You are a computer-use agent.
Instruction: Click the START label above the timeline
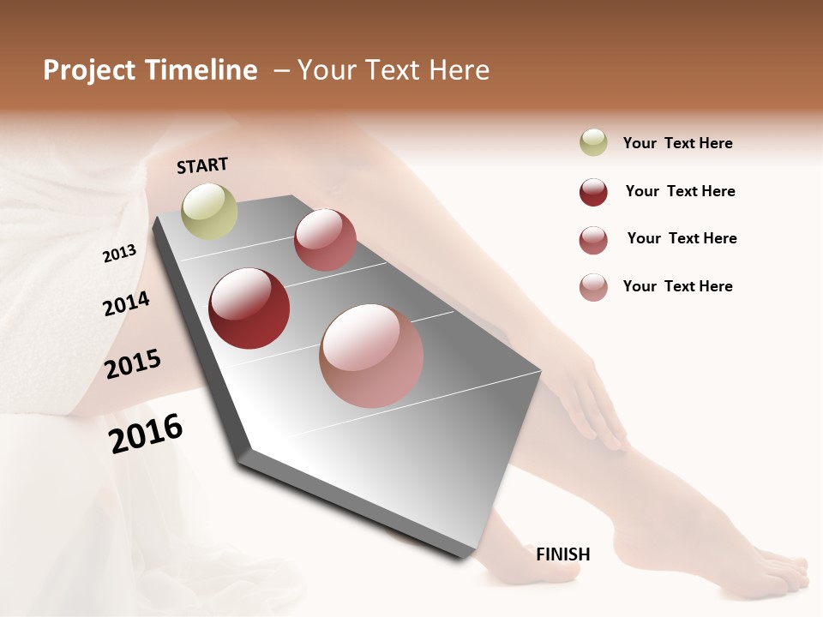[202, 165]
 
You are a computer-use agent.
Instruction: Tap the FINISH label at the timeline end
[563, 554]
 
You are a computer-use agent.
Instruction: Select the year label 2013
[119, 254]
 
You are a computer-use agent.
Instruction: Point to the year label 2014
[126, 304]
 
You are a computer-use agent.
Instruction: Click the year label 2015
[133, 364]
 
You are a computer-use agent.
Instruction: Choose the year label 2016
[146, 434]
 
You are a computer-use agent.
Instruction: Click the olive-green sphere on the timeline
[210, 211]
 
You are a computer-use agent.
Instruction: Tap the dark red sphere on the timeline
[249, 308]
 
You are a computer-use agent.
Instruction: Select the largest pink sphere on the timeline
[371, 356]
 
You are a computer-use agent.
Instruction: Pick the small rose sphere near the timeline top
[325, 240]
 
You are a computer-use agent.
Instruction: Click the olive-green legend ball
[593, 143]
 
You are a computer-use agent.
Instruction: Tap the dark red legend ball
[593, 192]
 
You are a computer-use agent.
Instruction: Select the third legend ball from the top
[593, 240]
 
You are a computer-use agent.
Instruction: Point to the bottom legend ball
[593, 287]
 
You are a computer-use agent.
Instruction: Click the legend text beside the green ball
[677, 143]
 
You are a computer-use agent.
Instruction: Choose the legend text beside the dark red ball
[680, 191]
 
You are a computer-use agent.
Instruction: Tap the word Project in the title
[86, 70]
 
